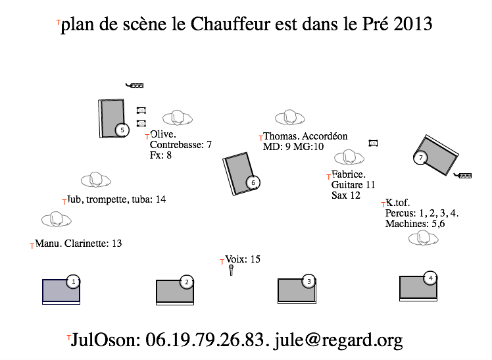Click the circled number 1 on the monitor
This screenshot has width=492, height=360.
pos(74,282)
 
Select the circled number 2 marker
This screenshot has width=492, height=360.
pos(187,282)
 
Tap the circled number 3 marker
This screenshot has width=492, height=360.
pos(308,281)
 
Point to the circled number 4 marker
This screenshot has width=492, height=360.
pos(430,278)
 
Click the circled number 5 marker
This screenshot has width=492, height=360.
pos(122,130)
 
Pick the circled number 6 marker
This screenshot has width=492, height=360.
pos(253,182)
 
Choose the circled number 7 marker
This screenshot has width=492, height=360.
pos(420,157)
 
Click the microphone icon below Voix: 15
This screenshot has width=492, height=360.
pos(232,270)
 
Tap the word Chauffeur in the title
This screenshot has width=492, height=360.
pos(230,24)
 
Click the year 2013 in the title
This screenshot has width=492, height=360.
pos(413,24)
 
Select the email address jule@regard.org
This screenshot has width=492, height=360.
pos(338,340)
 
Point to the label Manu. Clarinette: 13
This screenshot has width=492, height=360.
pos(78,244)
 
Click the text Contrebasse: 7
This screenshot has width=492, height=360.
pos(181,145)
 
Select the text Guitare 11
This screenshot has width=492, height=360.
pos(353,184)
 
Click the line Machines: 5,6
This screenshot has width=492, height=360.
pos(415,224)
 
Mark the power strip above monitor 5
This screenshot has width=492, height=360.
pos(135,85)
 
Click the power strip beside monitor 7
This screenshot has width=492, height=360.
pos(462,175)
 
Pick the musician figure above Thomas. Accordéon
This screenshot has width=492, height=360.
pos(290,118)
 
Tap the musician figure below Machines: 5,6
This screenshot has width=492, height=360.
pos(424,238)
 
